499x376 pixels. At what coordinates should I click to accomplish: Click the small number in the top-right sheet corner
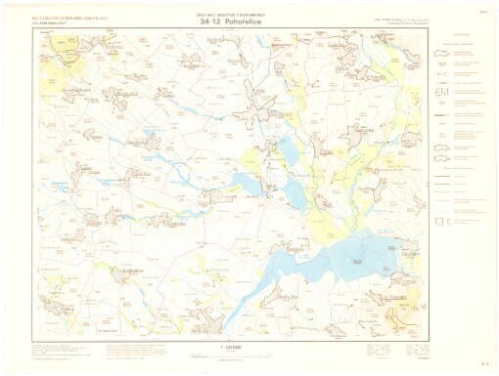click(x=483, y=11)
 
